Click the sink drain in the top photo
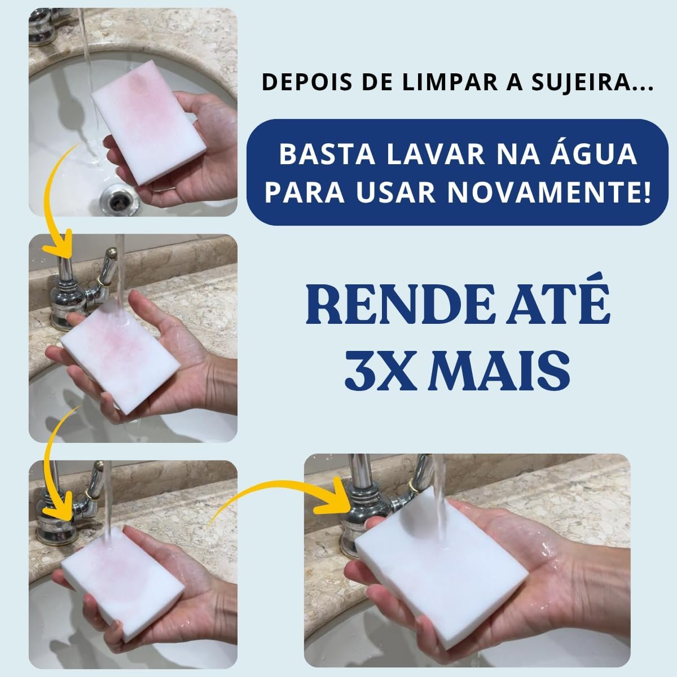coord(120,200)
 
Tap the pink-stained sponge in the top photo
coord(148,122)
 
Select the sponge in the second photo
coord(121,357)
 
